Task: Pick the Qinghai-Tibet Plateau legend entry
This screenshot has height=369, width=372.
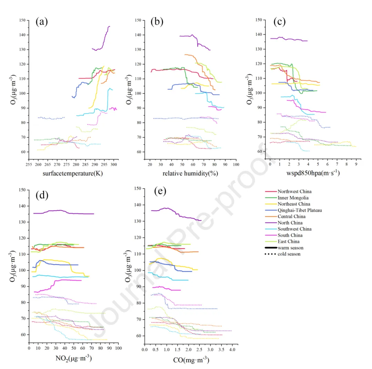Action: pos(296,210)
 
